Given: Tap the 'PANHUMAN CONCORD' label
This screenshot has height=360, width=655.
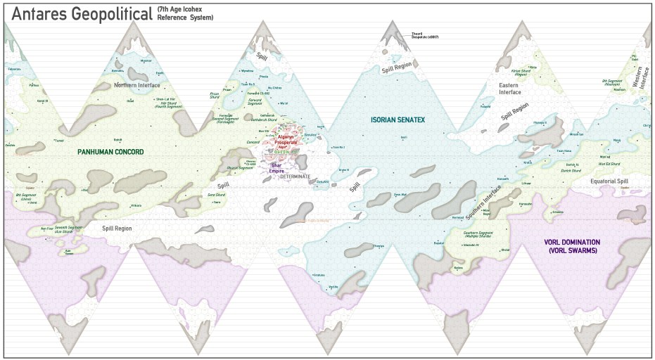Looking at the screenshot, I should click(110, 152).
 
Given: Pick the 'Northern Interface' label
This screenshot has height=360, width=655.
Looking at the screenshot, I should click(137, 85).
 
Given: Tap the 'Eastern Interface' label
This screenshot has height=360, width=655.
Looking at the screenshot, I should click(509, 88).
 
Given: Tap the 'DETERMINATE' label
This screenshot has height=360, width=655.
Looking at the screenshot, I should click(295, 176).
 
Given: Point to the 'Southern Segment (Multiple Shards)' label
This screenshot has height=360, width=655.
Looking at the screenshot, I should click(481, 234).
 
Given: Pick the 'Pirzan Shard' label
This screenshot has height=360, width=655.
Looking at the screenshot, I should click(215, 96).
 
